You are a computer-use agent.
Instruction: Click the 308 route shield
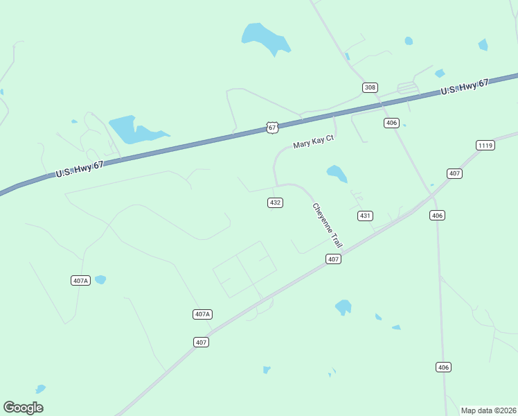click(370, 87)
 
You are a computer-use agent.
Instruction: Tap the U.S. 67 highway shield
click(273, 128)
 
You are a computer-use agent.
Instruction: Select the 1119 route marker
click(485, 145)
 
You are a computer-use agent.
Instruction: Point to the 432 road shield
click(275, 202)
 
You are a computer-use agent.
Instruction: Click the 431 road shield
click(365, 216)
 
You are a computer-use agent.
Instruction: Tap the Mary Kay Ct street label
click(313, 142)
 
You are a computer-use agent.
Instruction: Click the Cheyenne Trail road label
click(328, 225)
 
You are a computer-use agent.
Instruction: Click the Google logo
click(23, 408)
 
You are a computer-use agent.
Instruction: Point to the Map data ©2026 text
click(488, 410)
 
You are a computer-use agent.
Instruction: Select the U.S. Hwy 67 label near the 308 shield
click(465, 88)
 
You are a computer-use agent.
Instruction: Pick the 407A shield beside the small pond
click(80, 280)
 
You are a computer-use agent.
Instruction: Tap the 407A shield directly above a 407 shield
click(202, 314)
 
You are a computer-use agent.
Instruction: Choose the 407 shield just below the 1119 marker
click(454, 173)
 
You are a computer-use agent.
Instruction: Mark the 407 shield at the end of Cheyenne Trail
click(333, 259)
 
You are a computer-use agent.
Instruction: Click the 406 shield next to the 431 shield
click(437, 216)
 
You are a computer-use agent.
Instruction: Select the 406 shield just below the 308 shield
click(391, 123)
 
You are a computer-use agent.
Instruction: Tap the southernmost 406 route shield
click(444, 367)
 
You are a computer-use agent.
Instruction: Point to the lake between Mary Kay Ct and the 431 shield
click(337, 173)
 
